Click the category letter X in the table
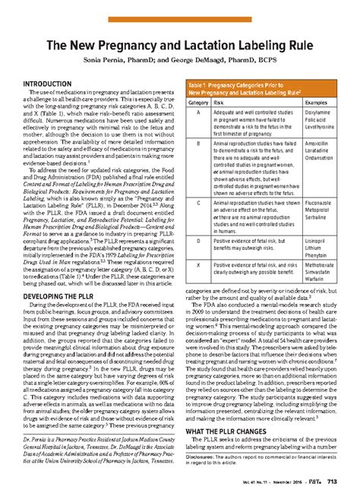coord(198,264)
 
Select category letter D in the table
coord(198,238)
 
